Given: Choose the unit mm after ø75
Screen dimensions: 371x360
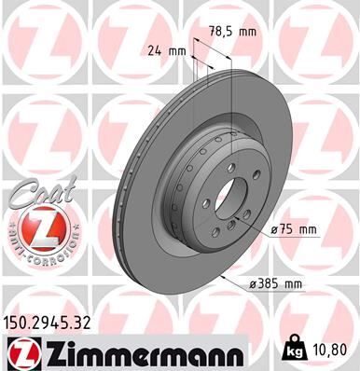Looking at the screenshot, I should [309, 229].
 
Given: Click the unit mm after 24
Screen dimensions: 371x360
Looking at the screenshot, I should [177, 50].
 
